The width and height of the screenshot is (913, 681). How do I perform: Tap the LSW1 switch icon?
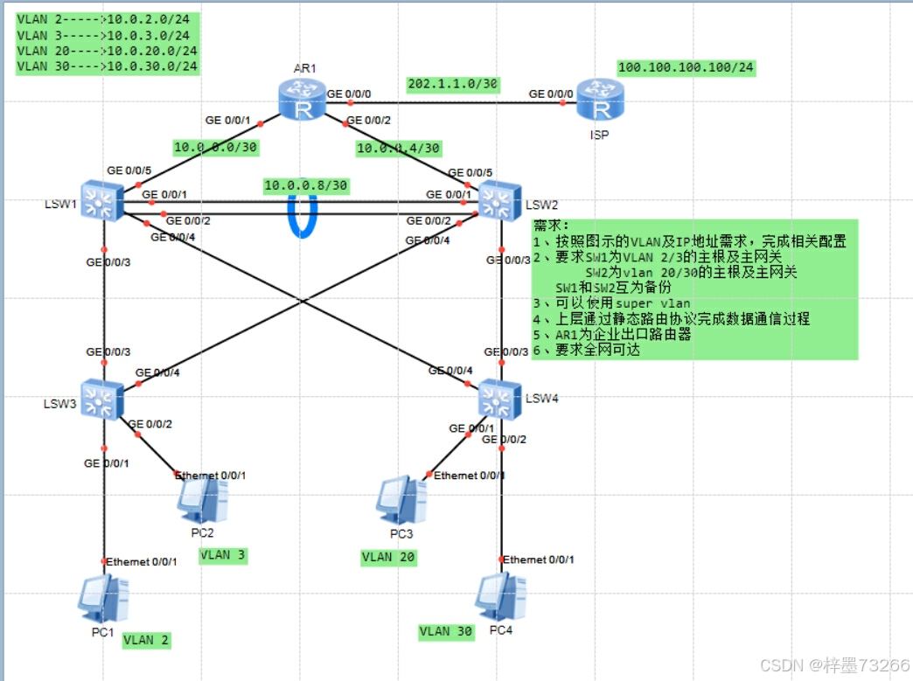point(101,201)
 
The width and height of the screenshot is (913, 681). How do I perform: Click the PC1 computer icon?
point(104,598)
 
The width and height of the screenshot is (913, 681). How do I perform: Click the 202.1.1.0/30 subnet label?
point(453,84)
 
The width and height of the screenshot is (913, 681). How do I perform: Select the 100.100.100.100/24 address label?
point(686,67)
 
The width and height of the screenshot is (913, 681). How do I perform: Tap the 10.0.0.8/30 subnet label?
point(306,185)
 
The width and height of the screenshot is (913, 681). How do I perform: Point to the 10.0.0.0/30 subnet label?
point(215,147)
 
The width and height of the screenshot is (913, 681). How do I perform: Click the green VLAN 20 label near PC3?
point(389,557)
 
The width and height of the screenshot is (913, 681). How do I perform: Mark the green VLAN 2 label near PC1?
point(146,640)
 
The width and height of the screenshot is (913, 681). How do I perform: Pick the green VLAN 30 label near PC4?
point(446,631)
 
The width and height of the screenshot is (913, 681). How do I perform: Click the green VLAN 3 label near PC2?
point(223,554)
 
